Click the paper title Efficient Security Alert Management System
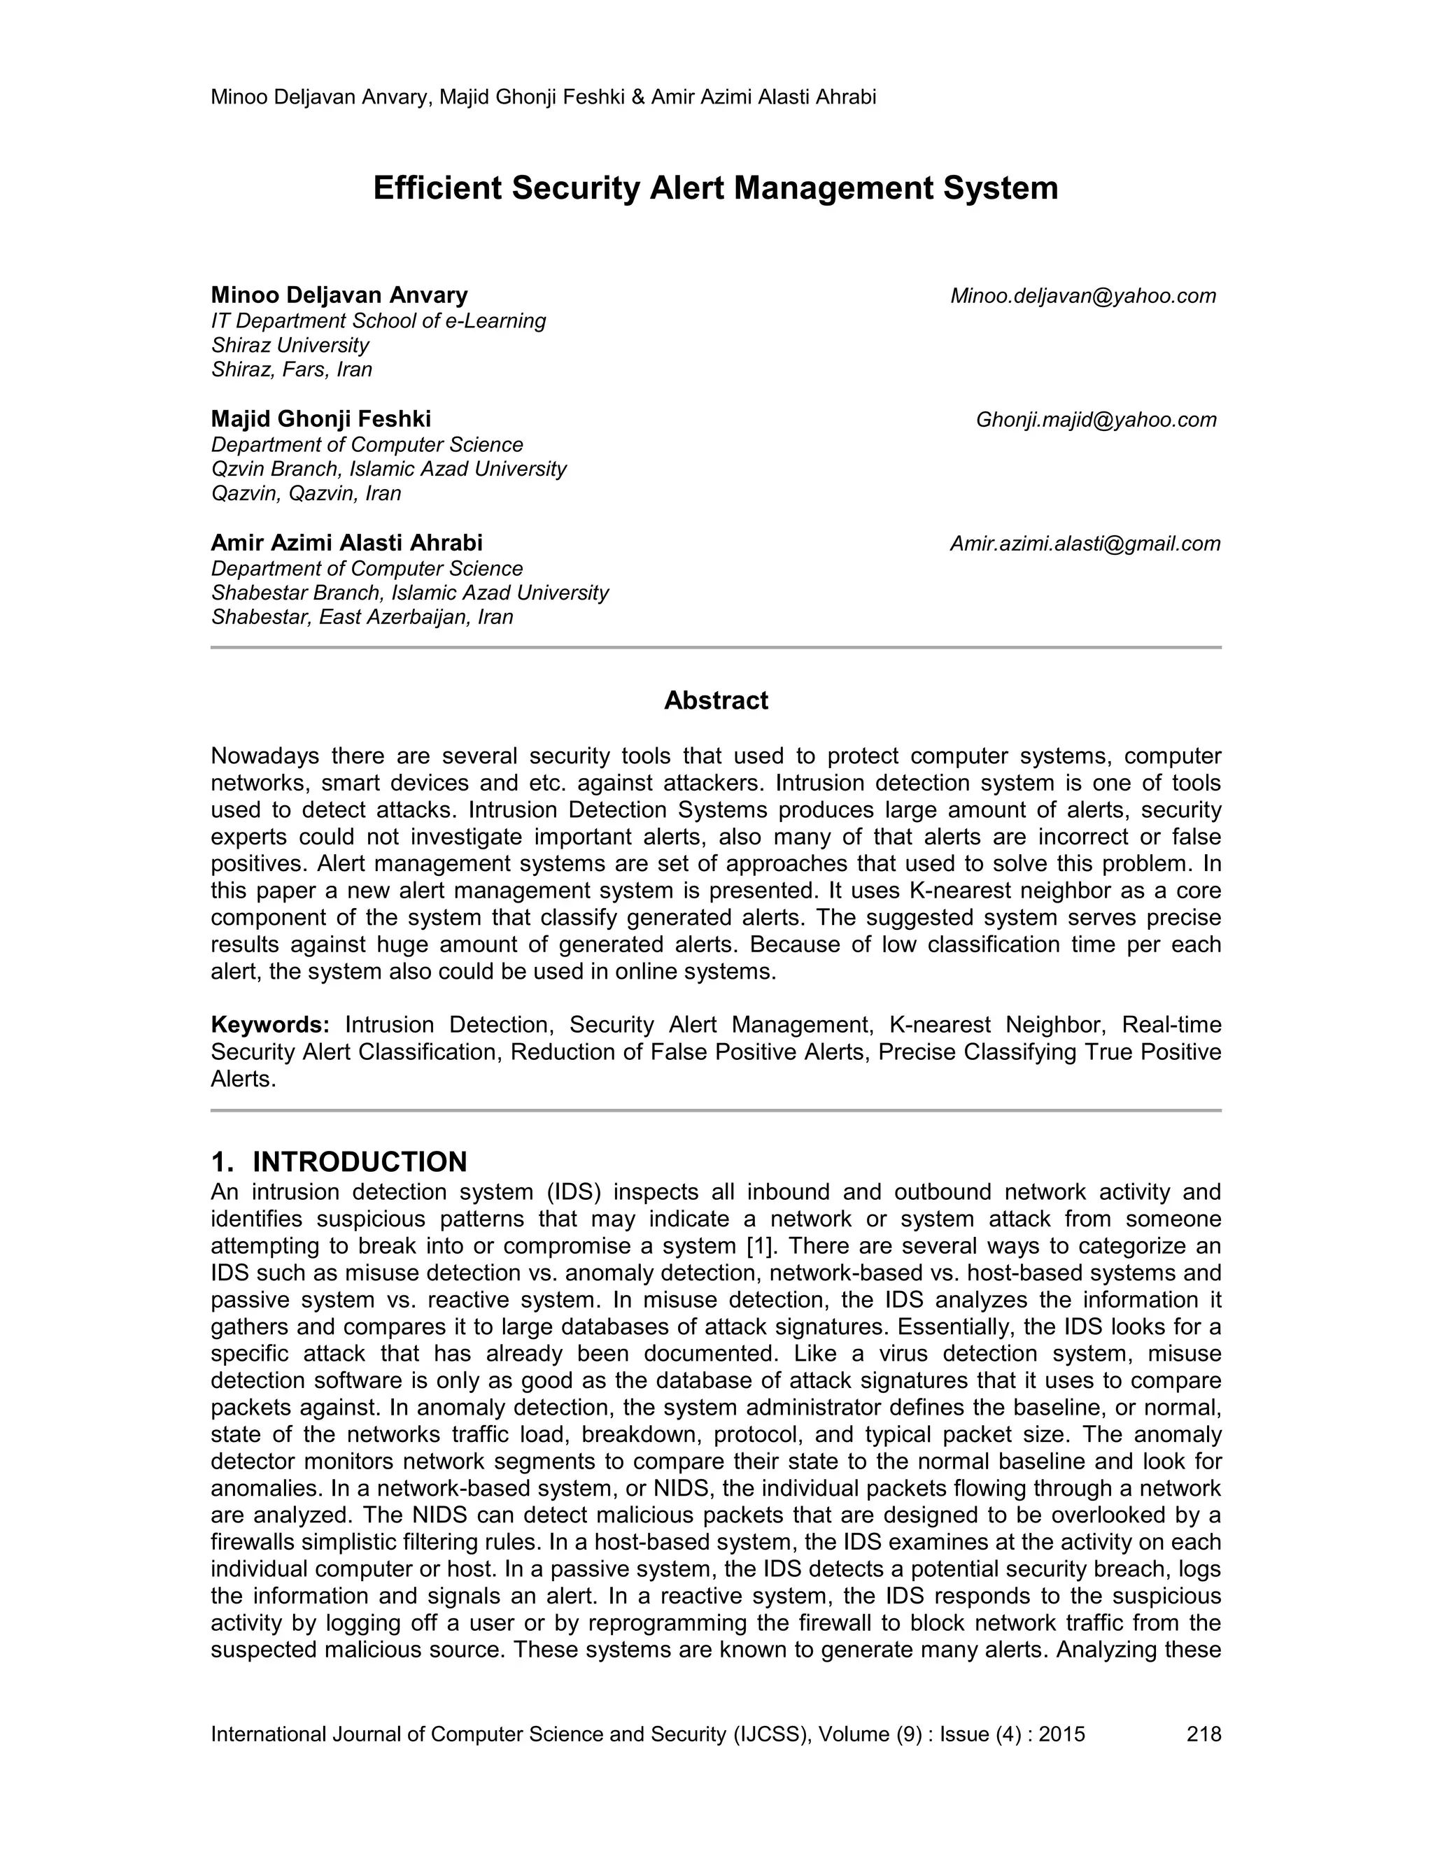[x=716, y=187]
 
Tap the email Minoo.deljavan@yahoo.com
[x=1082, y=295]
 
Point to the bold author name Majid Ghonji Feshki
[x=321, y=418]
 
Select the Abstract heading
[x=716, y=700]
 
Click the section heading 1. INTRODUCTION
[x=339, y=1161]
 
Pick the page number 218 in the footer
[x=1203, y=1734]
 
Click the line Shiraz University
[x=290, y=345]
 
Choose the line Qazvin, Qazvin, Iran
[x=306, y=493]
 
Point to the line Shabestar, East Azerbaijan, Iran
[x=362, y=616]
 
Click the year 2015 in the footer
[x=1062, y=1734]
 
